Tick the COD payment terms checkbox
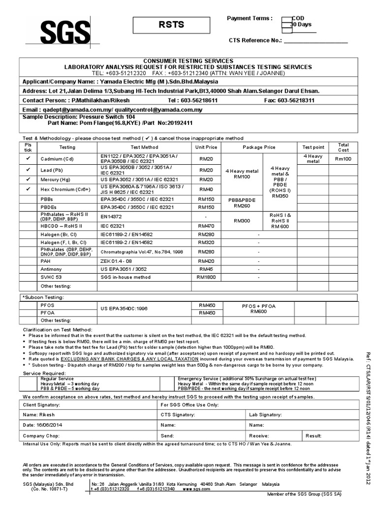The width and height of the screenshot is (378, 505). click(x=285, y=19)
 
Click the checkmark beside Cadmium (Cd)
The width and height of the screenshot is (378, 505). click(x=28, y=158)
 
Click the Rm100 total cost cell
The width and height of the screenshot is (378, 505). click(x=343, y=159)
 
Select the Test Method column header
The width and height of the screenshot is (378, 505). click(x=144, y=147)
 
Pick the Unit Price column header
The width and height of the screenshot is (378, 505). click(x=206, y=147)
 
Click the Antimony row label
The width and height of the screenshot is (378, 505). click(x=51, y=269)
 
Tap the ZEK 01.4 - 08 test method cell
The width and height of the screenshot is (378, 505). click(x=117, y=261)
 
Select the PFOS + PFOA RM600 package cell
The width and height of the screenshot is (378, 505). click(x=258, y=309)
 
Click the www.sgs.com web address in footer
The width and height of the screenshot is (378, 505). click(x=193, y=489)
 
